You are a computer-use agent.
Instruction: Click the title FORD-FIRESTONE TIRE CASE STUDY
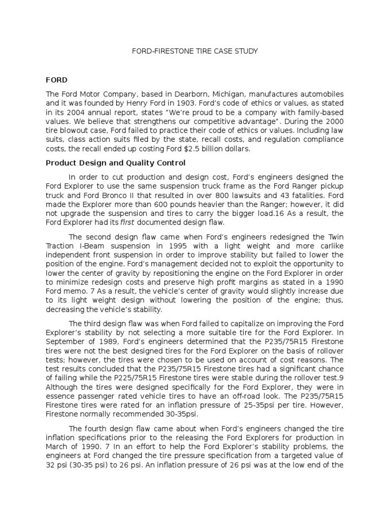[195, 51]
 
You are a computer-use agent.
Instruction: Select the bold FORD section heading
[56, 80]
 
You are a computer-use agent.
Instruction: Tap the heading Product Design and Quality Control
[116, 163]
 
